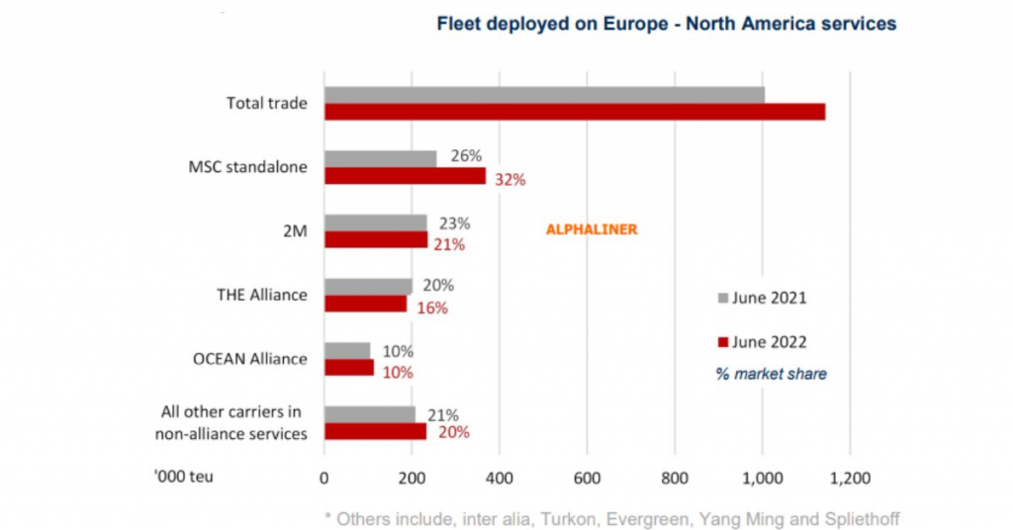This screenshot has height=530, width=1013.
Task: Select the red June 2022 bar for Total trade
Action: click(x=574, y=112)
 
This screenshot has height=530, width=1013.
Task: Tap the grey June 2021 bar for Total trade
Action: click(x=544, y=95)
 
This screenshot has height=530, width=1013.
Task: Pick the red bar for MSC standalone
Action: click(x=405, y=176)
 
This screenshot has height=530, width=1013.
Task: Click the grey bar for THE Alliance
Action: click(x=368, y=287)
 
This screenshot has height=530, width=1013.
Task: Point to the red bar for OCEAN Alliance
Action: click(x=348, y=368)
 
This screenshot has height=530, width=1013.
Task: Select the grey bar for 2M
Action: click(x=375, y=222)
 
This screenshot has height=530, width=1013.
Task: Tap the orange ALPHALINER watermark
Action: click(x=592, y=229)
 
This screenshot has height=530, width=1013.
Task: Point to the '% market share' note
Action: click(x=772, y=374)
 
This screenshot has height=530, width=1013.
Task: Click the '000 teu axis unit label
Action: click(x=184, y=477)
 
